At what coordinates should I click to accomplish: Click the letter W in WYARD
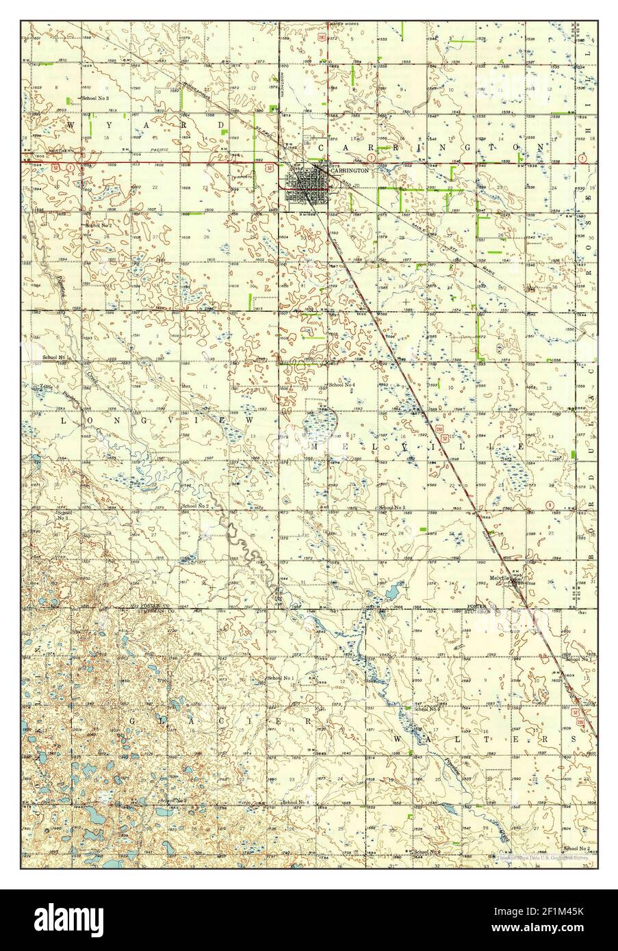click(70, 125)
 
